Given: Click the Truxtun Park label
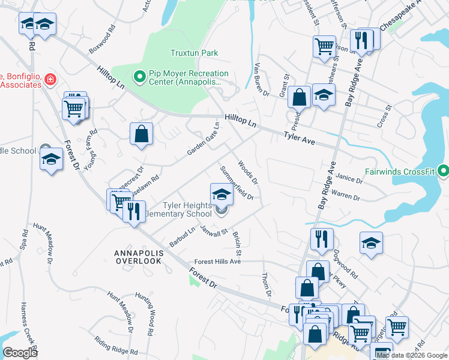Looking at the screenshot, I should point(193,53).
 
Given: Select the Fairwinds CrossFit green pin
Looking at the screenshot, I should point(444,172).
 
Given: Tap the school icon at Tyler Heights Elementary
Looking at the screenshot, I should point(221,194).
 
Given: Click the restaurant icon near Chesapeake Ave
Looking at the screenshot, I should point(361,40).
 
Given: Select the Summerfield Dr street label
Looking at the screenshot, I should point(237,182).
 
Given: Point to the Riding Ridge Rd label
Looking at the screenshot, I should point(116,346).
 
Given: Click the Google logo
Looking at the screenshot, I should point(20,353).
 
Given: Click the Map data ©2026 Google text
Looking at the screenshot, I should point(411,355).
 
